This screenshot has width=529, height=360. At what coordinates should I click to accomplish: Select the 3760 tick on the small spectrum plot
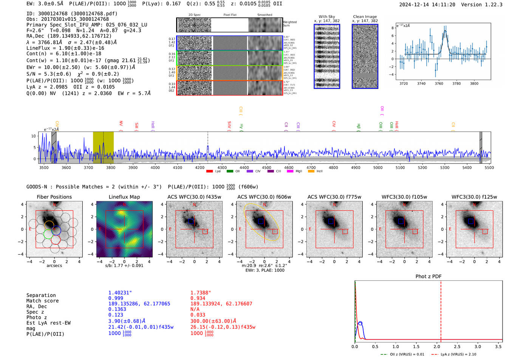tap(439, 83)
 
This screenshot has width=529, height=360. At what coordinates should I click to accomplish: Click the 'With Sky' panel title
tap(326, 17)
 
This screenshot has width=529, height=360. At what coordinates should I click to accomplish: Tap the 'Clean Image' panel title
tap(365, 17)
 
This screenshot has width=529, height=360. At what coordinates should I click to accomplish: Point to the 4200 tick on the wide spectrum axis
tap(200, 167)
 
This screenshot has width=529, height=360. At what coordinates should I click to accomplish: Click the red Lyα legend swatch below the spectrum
tap(209, 172)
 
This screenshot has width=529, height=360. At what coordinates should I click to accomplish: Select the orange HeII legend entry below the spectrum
tap(311, 172)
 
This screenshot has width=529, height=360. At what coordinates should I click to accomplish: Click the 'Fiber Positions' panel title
tap(54, 197)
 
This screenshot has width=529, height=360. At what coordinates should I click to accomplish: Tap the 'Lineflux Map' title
tap(124, 197)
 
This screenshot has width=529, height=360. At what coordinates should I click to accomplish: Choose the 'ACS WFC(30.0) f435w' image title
tap(194, 197)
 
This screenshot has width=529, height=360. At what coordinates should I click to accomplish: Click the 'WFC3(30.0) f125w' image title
tap(474, 197)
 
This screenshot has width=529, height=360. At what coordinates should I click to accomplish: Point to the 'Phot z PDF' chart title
tap(428, 277)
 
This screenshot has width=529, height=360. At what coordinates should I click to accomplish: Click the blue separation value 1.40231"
tap(120, 293)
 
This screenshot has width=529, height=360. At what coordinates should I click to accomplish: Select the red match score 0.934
tap(198, 298)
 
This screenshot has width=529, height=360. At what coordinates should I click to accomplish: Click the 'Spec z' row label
tap(35, 312)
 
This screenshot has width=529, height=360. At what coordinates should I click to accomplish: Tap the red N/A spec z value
tap(195, 309)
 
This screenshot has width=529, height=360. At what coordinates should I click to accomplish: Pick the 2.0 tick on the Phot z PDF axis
tap(436, 346)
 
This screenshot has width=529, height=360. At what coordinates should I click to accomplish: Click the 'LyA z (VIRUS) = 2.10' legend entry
tap(458, 354)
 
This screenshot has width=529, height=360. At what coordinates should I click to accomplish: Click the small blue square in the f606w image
tap(261, 221)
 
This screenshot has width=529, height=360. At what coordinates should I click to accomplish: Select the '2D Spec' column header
tap(194, 15)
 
